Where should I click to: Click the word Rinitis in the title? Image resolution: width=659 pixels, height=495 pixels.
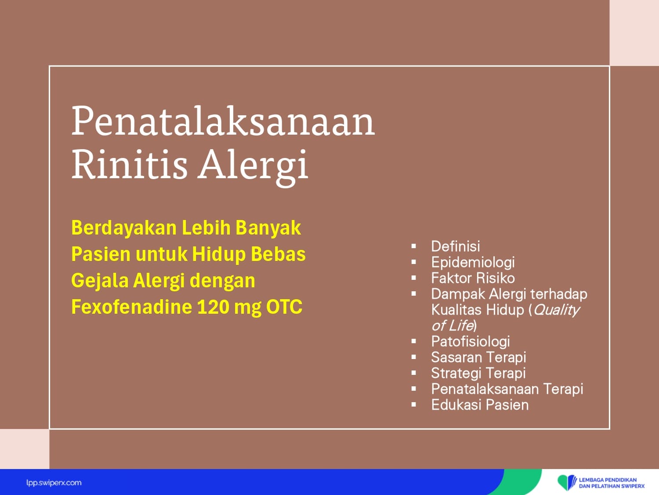[130, 165]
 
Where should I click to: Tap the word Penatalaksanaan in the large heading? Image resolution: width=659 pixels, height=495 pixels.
[223, 121]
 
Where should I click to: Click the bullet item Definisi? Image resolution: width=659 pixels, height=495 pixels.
[456, 246]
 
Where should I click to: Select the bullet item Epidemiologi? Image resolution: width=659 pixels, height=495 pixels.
[473, 262]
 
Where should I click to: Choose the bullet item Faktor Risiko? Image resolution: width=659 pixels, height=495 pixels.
[473, 278]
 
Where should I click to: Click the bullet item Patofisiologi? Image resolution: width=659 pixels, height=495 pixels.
[471, 341]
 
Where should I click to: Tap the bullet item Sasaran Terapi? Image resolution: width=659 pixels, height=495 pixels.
[478, 357]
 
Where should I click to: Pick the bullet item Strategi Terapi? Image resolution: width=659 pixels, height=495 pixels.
[478, 373]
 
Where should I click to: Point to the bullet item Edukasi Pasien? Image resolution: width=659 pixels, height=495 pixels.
[480, 405]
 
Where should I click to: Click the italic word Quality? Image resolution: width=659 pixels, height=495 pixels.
[556, 310]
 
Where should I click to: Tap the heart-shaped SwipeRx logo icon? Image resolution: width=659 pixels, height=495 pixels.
[567, 482]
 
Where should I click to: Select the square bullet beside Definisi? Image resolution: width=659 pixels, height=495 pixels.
[414, 246]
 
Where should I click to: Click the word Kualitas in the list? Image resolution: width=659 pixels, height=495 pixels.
[456, 310]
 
